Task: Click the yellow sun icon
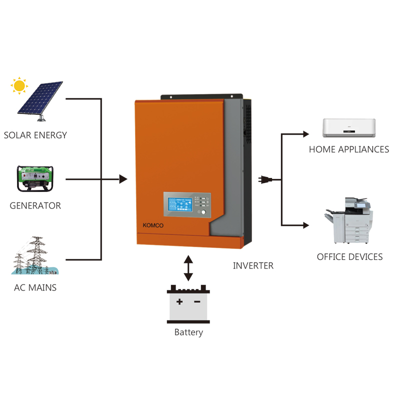19,85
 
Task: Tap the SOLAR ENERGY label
35,135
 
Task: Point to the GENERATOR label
35,205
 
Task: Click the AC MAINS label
35,287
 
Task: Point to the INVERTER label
253,266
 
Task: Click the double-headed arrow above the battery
188,268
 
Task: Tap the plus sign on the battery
179,301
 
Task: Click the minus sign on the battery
197,301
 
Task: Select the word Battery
188,332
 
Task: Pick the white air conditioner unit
349,127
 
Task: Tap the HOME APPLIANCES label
348,149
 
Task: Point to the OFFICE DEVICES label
349,257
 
